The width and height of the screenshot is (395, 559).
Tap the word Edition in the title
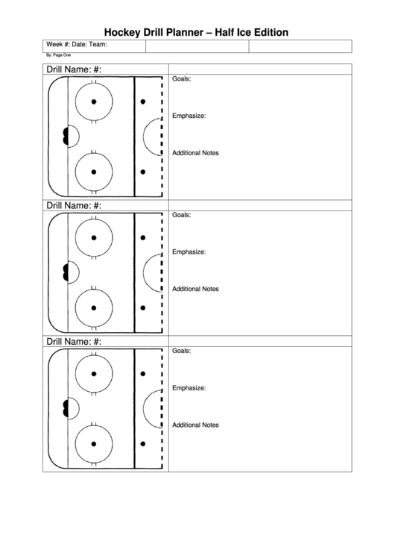pos(271,32)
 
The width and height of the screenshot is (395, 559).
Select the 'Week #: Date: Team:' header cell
pos(77,45)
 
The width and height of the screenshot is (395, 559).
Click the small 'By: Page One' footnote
pos(58,55)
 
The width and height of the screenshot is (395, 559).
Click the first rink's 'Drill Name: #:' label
pos(74,69)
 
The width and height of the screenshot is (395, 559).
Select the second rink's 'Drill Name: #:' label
pos(74,205)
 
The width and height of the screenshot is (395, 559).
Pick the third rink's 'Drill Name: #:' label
pos(74,342)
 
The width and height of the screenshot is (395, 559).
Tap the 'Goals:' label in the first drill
pos(182,79)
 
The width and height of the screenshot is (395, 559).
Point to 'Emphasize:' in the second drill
pos(189,252)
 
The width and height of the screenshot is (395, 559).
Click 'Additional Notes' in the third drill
pos(195,425)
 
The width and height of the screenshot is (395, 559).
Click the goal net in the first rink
pos(66,136)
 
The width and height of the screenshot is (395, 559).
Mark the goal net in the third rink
pos(66,408)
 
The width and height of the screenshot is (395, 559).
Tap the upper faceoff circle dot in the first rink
pos(94,102)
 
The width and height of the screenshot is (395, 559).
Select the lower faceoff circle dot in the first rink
pos(94,172)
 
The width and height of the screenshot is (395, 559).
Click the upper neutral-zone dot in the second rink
pos(143,238)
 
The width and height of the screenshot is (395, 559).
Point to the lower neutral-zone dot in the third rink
pos(143,444)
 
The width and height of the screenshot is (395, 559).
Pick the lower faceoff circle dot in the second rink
pos(94,308)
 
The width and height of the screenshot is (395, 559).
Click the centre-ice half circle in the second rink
pos(144,272)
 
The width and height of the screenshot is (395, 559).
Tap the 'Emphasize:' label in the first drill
pos(189,116)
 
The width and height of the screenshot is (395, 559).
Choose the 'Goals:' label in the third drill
pos(182,351)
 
